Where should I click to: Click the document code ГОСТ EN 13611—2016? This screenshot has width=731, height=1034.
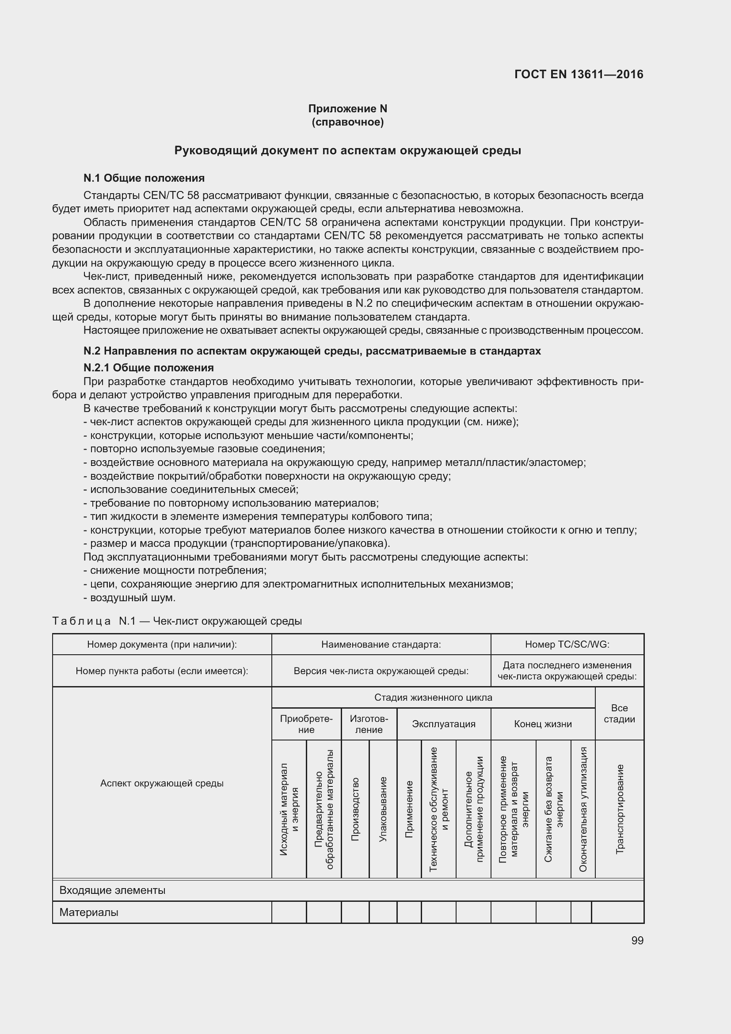tap(579, 74)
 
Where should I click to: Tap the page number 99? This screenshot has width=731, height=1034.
tap(637, 941)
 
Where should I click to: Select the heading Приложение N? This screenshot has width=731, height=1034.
tap(347, 109)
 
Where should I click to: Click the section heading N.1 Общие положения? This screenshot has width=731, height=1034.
tap(144, 178)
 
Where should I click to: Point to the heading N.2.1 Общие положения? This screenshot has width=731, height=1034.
tap(148, 367)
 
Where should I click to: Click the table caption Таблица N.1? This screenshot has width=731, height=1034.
tap(177, 621)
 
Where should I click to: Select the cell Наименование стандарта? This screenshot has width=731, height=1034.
tap(381, 645)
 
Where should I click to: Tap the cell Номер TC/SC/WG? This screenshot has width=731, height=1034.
tap(567, 645)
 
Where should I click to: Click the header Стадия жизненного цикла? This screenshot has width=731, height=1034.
tap(433, 698)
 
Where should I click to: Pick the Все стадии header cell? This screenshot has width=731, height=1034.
tap(619, 713)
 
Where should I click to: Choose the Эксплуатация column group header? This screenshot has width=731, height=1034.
tap(443, 724)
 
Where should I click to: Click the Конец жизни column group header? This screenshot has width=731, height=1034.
tap(542, 724)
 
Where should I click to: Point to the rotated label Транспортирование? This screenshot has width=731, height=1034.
tap(619, 809)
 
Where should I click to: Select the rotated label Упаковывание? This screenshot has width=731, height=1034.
tap(383, 809)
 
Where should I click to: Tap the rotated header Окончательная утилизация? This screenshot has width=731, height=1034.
tap(583, 809)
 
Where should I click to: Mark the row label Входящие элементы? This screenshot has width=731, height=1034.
tap(113, 890)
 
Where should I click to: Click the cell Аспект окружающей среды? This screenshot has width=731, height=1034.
tap(162, 783)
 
